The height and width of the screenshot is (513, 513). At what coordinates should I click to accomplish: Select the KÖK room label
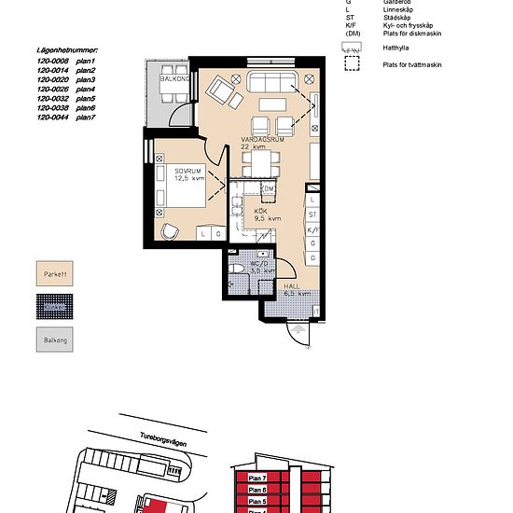click(x=262, y=212)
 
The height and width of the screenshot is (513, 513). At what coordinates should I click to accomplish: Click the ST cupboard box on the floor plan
click(x=312, y=214)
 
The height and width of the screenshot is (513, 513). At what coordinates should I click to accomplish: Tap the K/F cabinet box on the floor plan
click(x=312, y=229)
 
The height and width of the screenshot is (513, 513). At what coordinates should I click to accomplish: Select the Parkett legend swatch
click(x=57, y=275)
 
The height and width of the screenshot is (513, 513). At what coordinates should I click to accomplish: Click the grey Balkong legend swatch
click(x=57, y=340)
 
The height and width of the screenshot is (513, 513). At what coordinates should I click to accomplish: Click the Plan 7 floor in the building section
click(x=258, y=478)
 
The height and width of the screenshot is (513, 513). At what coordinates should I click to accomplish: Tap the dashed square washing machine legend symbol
click(x=352, y=64)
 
